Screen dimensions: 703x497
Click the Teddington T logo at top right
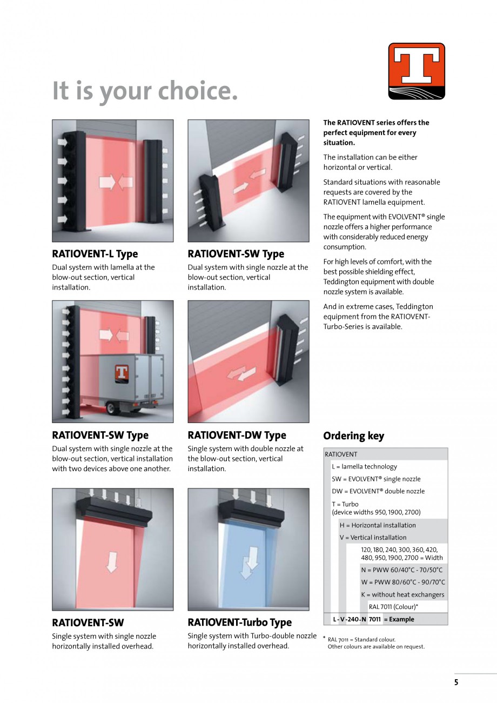tap(417, 71)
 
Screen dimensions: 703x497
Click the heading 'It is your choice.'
tap(145, 90)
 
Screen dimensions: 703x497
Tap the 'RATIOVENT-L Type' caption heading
tap(95, 254)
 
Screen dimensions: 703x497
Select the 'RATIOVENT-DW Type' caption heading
tap(237, 435)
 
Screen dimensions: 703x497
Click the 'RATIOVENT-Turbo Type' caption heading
tap(239, 622)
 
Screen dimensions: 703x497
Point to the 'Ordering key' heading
tap(353, 436)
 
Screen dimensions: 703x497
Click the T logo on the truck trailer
tap(122, 373)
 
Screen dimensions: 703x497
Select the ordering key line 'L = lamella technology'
tap(364, 467)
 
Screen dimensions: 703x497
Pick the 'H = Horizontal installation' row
tap(378, 525)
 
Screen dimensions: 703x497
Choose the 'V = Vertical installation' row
tap(373, 538)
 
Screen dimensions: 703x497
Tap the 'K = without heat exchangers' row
tap(402, 595)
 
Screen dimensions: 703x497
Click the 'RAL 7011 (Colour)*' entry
tap(393, 607)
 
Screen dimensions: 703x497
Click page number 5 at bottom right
tap(456, 682)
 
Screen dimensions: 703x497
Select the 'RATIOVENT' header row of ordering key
tap(341, 454)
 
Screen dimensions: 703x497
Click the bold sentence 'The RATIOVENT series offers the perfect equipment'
tap(376, 132)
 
